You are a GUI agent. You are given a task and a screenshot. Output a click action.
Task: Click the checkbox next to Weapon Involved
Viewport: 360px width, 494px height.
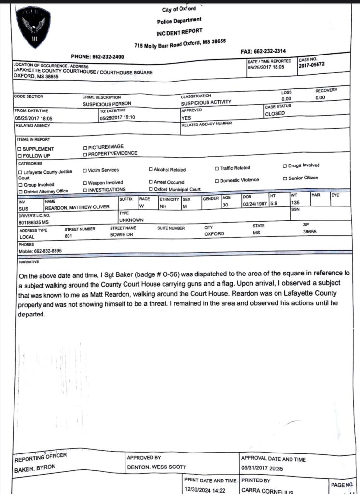(x=85, y=183)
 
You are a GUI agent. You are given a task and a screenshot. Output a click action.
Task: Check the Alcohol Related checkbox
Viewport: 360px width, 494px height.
(x=151, y=170)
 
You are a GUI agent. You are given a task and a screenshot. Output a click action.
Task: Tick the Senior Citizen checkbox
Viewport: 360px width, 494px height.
(x=285, y=178)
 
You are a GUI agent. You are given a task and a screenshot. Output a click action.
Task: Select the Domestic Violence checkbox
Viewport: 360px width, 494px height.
(x=217, y=180)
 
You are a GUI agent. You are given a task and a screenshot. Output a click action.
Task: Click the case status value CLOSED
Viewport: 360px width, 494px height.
(x=275, y=114)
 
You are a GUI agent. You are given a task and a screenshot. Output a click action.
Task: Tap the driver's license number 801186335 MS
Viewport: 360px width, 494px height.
(x=32, y=222)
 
